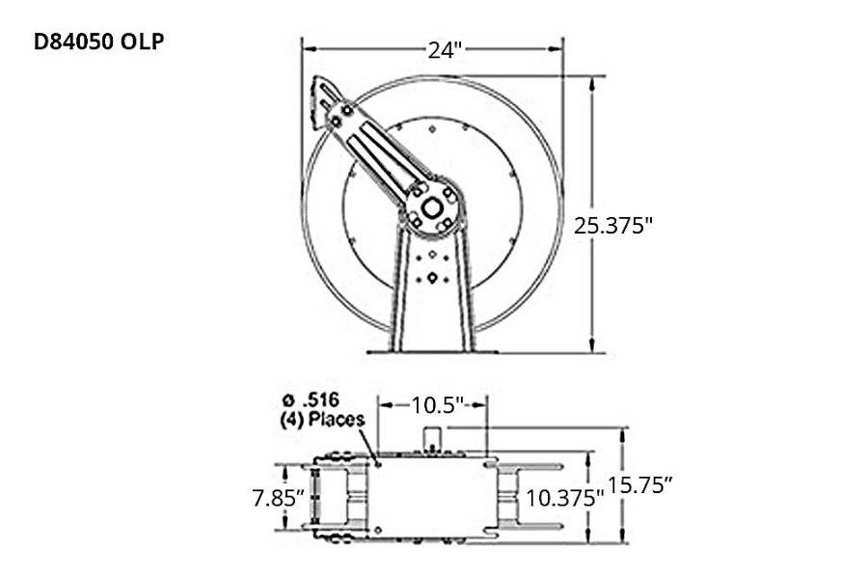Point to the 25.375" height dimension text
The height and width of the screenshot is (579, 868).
614,225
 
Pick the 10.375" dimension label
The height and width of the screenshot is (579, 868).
564,498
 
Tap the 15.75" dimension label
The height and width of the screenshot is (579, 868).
640,485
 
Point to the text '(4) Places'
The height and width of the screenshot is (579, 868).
321,420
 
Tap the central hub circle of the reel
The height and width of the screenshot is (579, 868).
431,206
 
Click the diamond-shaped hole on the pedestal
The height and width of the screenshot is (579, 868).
432,278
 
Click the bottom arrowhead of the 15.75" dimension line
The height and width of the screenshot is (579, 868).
623,539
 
